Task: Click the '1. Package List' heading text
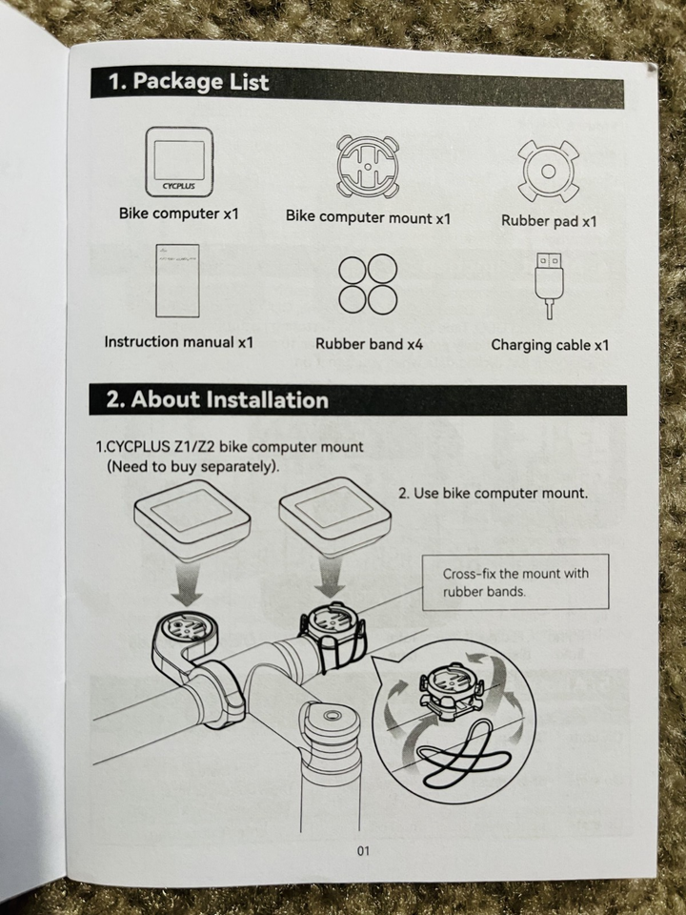tap(189, 81)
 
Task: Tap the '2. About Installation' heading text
tap(217, 399)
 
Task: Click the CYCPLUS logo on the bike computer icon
tap(178, 186)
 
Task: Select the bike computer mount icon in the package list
tap(368, 166)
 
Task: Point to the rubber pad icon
tap(549, 171)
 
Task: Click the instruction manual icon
tap(177, 280)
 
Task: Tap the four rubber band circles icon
tap(368, 284)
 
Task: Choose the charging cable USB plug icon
tap(549, 285)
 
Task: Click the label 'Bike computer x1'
tap(179, 213)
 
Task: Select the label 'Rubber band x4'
tap(370, 344)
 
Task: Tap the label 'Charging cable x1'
tap(550, 345)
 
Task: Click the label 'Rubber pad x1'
tap(549, 221)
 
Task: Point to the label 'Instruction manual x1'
tap(178, 341)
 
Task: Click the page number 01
tap(363, 851)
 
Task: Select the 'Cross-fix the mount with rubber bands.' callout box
tap(515, 582)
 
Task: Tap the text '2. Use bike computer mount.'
tap(493, 493)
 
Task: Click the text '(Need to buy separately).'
tap(193, 467)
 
